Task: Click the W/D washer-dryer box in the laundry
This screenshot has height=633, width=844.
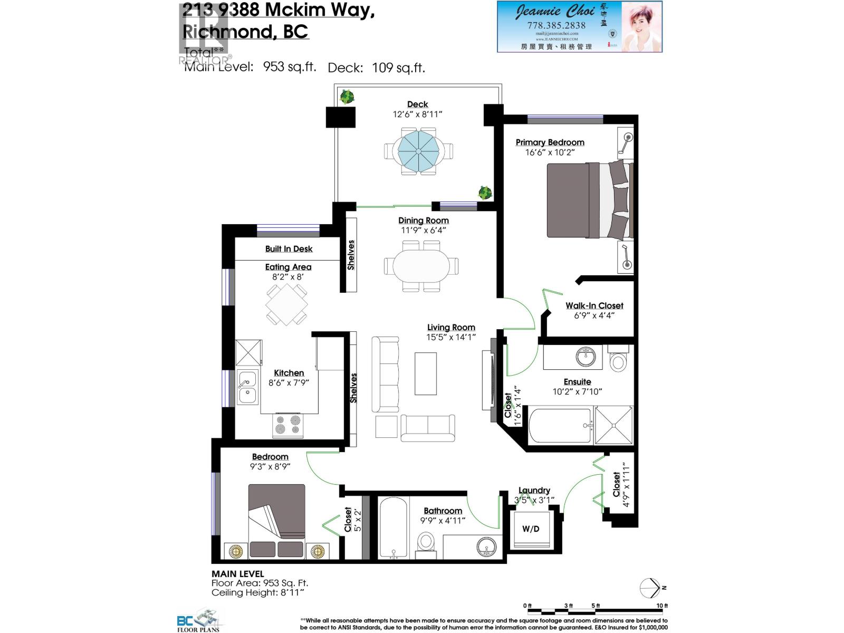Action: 531,529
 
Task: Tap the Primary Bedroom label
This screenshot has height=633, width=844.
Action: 550,142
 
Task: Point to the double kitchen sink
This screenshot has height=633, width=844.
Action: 247,387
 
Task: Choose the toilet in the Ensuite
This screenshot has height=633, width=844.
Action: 618,360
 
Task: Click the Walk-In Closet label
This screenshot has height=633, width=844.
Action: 594,305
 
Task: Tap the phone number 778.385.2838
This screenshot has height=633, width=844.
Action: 556,25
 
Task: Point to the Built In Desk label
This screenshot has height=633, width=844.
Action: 289,249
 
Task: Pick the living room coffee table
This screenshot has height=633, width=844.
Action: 425,373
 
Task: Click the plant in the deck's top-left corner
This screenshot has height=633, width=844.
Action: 347,97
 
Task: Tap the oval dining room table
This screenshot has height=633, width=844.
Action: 421,266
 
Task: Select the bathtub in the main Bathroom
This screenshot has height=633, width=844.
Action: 393,526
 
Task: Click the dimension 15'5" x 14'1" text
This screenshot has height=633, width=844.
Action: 451,337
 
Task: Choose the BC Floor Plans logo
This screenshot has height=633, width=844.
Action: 199,620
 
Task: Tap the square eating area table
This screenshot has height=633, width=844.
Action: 286,305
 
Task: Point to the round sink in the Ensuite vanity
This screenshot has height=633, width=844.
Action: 586,357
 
